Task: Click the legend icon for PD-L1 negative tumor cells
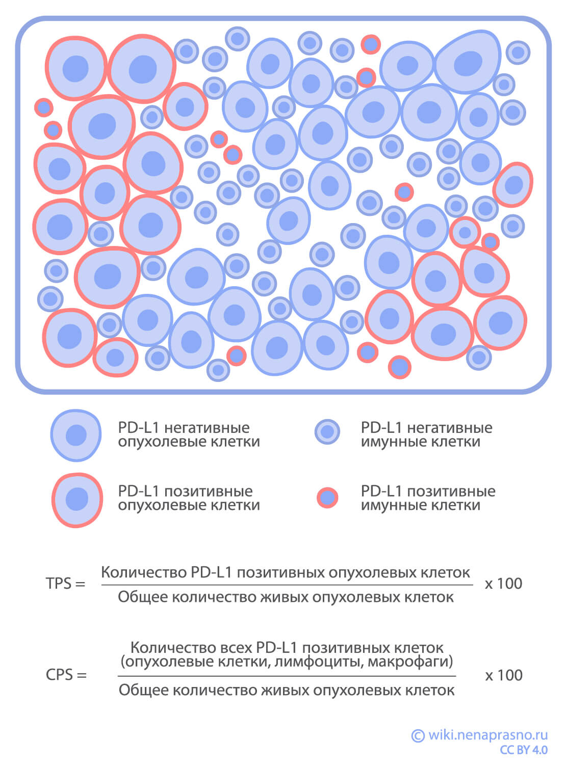click(76, 435)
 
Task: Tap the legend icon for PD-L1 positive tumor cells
click(77, 499)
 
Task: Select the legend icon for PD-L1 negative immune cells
click(327, 432)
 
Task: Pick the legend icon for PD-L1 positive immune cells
click(327, 498)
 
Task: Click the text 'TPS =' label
click(65, 584)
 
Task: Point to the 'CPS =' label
click(66, 675)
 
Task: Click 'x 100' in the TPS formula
click(503, 584)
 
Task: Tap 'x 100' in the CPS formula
click(503, 675)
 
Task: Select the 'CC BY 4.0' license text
click(524, 750)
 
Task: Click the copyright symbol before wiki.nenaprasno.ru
click(418, 735)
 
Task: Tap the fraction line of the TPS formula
click(287, 585)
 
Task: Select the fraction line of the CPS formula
click(287, 676)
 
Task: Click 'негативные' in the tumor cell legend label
click(207, 428)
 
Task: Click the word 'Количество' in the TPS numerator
click(144, 572)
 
